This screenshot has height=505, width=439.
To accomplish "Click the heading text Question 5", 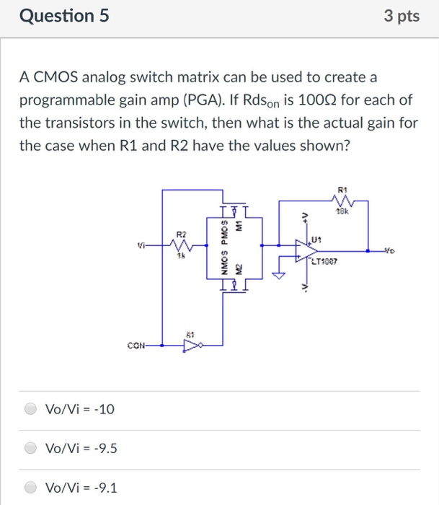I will coord(64,16).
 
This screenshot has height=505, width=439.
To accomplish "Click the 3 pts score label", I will coord(402,16).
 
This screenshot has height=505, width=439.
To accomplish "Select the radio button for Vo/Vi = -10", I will coord(31,410).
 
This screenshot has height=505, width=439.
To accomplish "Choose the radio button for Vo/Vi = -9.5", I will coord(31,449).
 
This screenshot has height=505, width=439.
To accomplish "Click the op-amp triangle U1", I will coord(303,249).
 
